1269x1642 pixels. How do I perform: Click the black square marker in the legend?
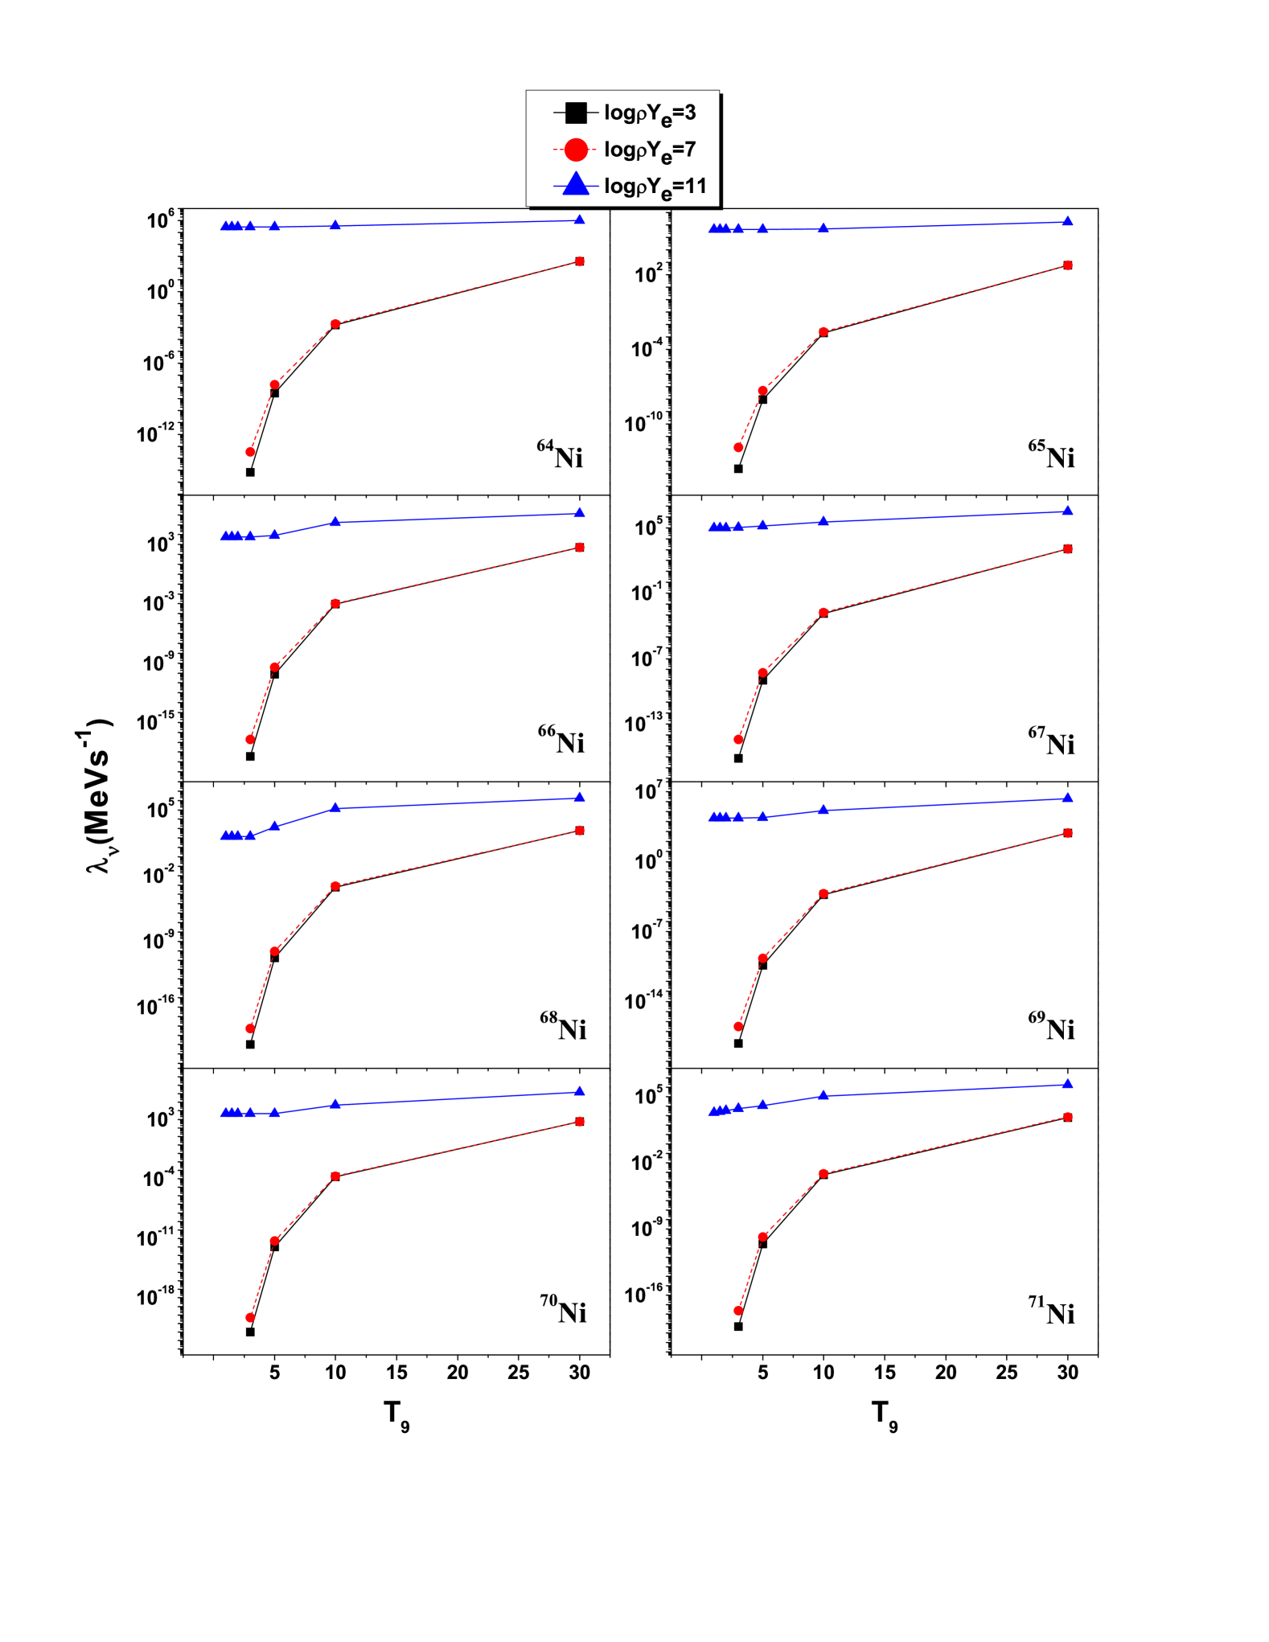tap(576, 113)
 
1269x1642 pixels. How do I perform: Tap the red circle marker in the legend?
tap(576, 150)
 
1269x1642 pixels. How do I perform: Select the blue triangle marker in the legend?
tap(576, 185)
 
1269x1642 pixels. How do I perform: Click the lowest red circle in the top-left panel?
tap(250, 452)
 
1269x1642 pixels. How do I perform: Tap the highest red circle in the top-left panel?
tap(580, 261)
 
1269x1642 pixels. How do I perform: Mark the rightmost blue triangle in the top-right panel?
tap(1067, 221)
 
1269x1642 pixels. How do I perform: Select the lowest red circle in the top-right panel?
tap(738, 447)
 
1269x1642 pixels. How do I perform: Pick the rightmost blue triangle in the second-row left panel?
tap(580, 512)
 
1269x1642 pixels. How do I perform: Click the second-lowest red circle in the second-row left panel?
tap(275, 667)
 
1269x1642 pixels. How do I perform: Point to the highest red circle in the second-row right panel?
tap(1067, 549)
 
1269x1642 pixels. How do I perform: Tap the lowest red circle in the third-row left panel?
tap(250, 1028)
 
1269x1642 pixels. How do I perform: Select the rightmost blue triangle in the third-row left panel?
tap(580, 797)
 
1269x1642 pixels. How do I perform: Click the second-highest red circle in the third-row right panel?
tap(823, 893)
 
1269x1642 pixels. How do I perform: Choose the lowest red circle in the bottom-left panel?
tap(250, 1317)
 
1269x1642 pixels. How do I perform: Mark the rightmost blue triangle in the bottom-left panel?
tap(580, 1091)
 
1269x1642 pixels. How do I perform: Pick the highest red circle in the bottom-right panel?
tap(1067, 1117)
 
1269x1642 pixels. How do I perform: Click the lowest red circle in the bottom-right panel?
tap(738, 1311)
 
